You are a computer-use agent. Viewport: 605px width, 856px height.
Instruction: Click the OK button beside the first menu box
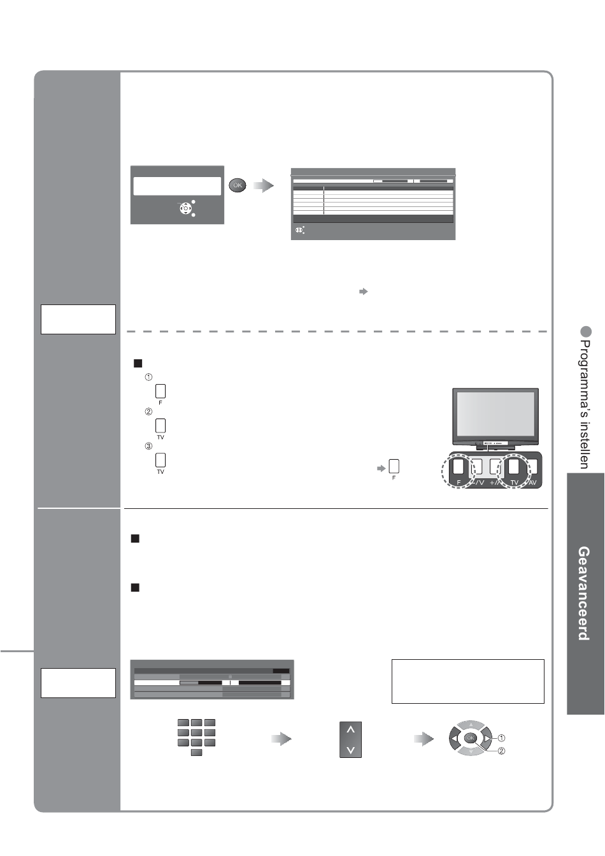238,185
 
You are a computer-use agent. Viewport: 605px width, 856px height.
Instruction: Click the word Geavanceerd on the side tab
583,593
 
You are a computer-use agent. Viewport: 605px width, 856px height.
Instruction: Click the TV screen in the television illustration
495,414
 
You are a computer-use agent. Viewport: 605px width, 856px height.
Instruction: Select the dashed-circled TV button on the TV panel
514,467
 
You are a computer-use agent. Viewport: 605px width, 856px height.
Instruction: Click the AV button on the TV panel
533,467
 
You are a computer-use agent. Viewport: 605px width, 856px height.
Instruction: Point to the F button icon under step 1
160,390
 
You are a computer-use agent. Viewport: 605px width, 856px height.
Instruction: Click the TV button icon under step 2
160,425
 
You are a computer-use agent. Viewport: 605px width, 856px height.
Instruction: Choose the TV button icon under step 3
160,459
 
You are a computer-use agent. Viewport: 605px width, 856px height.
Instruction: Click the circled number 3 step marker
148,446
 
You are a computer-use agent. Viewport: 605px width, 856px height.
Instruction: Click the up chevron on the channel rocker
350,730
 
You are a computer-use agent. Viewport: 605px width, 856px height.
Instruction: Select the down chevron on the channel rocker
350,750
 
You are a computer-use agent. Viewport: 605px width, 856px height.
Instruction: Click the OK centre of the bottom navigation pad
470,738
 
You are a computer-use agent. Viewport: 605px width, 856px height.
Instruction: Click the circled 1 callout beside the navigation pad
501,738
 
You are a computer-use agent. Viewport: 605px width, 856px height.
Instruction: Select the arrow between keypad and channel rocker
281,739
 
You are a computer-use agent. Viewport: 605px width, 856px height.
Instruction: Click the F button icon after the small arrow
394,466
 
